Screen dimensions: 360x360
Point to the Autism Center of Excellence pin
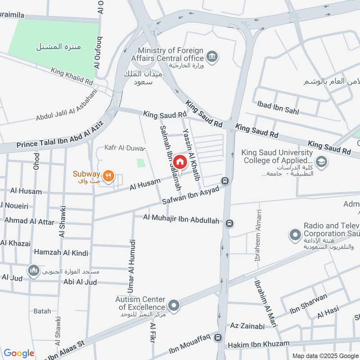175,305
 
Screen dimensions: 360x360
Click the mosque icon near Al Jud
33,270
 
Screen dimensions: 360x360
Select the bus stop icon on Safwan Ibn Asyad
225,181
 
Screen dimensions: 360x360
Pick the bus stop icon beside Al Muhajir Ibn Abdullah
229,223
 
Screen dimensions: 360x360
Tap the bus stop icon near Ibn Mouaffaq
218,337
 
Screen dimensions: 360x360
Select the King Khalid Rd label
72,76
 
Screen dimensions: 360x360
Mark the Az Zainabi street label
247,326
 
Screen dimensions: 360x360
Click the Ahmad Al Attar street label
29,221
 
